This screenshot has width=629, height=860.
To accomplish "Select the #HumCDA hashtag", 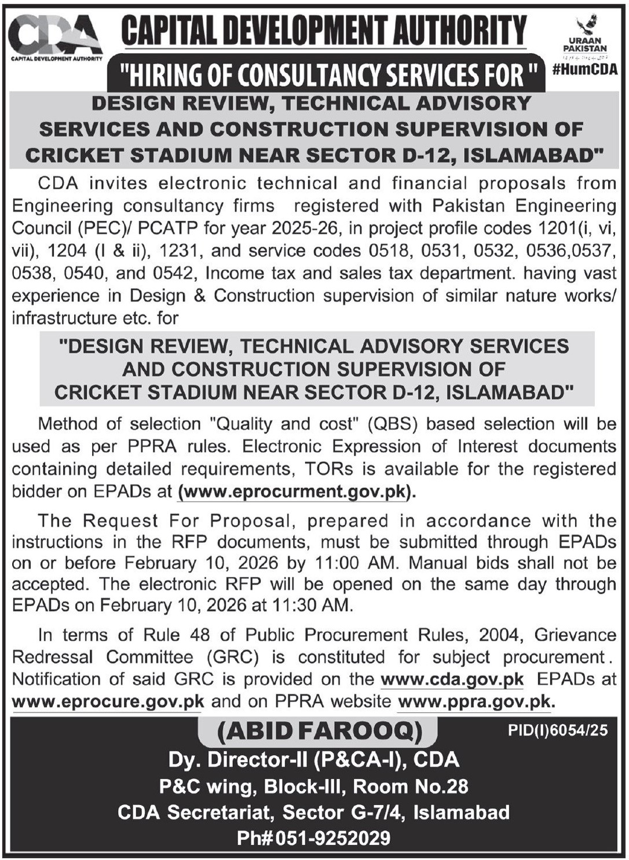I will tap(585, 69).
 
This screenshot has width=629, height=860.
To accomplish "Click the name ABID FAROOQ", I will tap(319, 732).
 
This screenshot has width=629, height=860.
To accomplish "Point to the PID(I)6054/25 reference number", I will tap(558, 730).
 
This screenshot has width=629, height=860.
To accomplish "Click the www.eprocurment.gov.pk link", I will tap(297, 492).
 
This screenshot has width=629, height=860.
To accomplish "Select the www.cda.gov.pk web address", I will tap(452, 679).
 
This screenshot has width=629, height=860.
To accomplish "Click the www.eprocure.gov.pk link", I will tap(108, 701).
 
